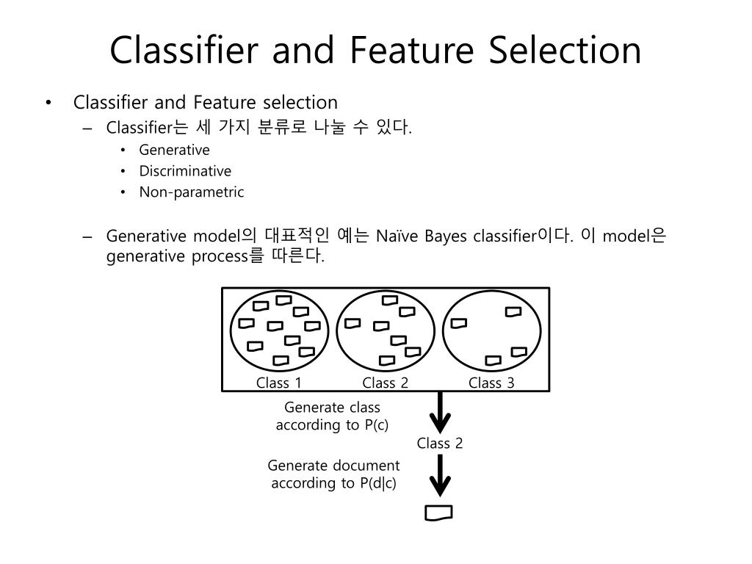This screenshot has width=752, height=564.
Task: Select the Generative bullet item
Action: coord(174,150)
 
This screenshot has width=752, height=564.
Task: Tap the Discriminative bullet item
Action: coord(185,171)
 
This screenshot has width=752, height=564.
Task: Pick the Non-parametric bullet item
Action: coord(191,192)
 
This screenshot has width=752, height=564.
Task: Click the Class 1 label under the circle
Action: coord(279,383)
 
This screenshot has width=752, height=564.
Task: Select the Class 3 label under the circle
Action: coord(491,383)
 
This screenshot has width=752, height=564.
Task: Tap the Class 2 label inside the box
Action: coord(385,383)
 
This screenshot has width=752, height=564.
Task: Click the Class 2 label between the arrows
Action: coord(440,443)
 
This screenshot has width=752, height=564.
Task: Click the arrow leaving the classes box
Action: coord(440,413)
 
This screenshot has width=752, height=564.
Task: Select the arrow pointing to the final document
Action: coord(440,476)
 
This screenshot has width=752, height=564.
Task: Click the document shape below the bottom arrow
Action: coord(438,513)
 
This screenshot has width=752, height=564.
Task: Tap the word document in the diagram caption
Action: coord(366,466)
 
